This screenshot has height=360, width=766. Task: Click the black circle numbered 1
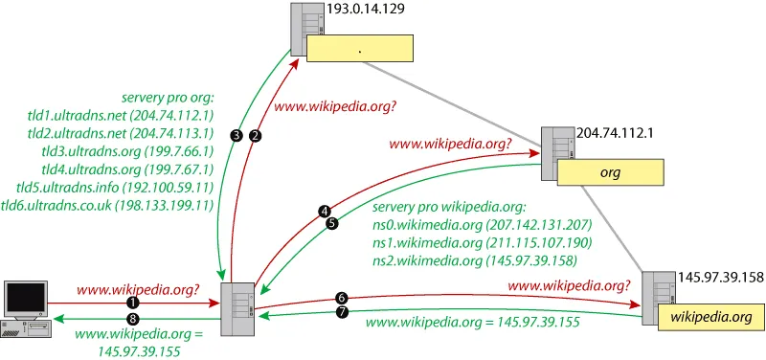pyautogui.click(x=130, y=303)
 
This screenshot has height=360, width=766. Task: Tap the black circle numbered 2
pyautogui.click(x=254, y=136)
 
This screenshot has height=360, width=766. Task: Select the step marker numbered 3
pyautogui.click(x=237, y=136)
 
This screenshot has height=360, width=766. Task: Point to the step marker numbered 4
pyautogui.click(x=324, y=212)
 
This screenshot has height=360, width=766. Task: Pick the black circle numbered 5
pyautogui.click(x=331, y=224)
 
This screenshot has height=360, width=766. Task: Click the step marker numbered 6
pyautogui.click(x=342, y=298)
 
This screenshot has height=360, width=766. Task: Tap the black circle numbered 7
pyautogui.click(x=342, y=312)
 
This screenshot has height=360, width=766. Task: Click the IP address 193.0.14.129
pyautogui.click(x=364, y=10)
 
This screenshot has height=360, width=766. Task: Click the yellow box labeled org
pyautogui.click(x=611, y=173)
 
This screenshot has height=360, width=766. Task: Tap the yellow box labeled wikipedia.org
pyautogui.click(x=710, y=317)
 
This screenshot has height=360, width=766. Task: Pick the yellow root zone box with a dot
pyautogui.click(x=360, y=48)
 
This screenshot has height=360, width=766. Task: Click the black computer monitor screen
pyautogui.click(x=26, y=300)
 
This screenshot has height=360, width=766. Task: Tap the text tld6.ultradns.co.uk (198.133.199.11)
pyautogui.click(x=107, y=205)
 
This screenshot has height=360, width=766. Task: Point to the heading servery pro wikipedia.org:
pyautogui.click(x=448, y=207)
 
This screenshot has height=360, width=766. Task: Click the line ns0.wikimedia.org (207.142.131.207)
pyautogui.click(x=483, y=225)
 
